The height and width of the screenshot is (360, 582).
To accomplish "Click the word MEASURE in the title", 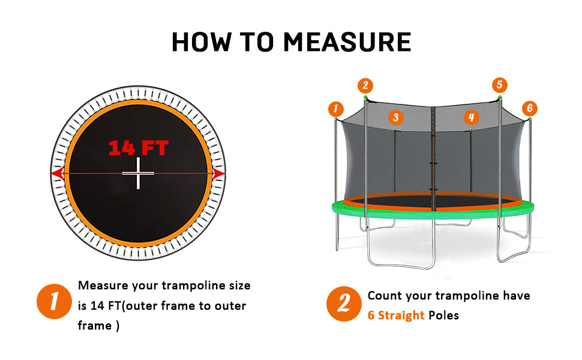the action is [347, 41].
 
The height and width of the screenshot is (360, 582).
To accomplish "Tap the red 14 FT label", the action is [139, 148].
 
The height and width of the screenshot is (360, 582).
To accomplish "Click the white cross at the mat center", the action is [138, 173].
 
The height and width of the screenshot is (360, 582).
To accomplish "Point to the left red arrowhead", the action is [57, 173].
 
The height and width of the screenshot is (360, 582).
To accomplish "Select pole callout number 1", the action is [336, 109].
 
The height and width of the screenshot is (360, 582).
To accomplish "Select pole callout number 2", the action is [365, 86].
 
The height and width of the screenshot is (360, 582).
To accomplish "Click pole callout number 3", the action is [395, 118].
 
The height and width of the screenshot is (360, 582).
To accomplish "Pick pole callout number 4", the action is [472, 118].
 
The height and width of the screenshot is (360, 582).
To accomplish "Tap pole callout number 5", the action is [500, 85].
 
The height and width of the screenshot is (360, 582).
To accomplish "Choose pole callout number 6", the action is [530, 109].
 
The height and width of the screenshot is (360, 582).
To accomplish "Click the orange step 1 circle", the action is [54, 301].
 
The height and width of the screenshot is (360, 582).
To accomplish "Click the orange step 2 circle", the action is [344, 304].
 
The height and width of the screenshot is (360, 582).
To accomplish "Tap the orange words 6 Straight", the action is [395, 315].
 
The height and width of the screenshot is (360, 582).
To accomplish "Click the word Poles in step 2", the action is [443, 315].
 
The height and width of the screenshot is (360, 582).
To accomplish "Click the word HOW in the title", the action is [202, 41].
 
